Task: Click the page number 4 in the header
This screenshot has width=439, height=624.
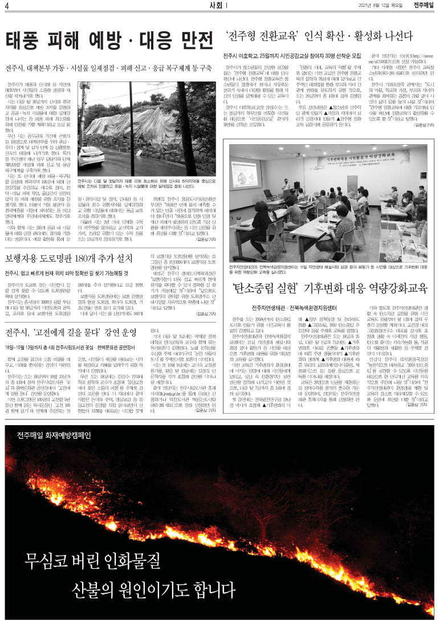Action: pos(6,6)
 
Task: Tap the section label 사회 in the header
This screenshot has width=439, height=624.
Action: pos(217,6)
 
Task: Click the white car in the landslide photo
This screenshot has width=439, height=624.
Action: pos(92,155)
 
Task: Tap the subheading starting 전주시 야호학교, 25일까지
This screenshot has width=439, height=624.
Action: pos(292,56)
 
